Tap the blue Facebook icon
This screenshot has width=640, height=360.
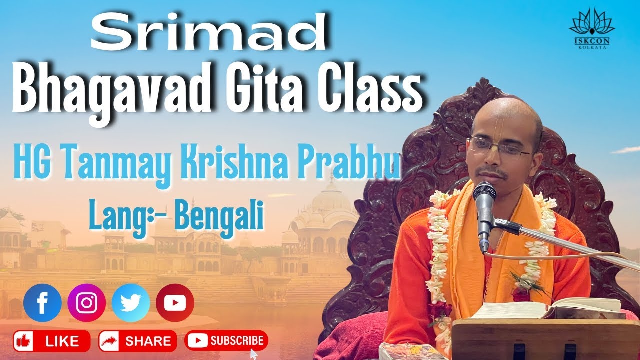point(42,303)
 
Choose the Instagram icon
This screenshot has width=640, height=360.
point(86,303)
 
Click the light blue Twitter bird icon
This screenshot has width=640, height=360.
point(131,303)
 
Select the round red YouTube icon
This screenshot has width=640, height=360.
point(175,303)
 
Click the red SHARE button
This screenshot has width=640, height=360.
point(137,341)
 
